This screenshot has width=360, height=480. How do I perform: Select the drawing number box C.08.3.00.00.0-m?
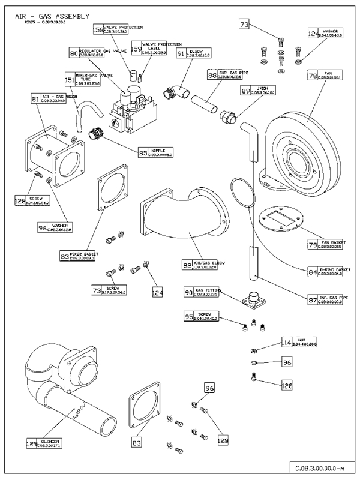pos(317,468)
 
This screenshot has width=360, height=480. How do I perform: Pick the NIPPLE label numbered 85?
pos(163,152)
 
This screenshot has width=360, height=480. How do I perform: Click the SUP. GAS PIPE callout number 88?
pos(212,76)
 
